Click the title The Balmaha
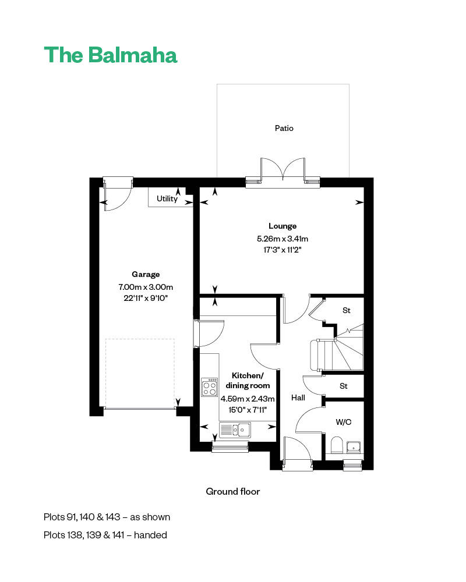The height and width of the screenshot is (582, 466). click(x=110, y=55)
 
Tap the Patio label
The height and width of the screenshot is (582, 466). click(x=284, y=128)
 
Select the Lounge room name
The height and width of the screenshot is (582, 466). click(x=283, y=226)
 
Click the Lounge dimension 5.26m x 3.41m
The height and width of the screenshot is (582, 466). click(x=283, y=239)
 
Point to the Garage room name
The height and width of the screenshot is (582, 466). click(x=146, y=274)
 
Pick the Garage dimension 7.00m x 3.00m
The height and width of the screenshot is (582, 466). click(x=146, y=287)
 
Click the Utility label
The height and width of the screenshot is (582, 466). click(x=167, y=199)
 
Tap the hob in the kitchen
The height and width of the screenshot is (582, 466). click(x=210, y=387)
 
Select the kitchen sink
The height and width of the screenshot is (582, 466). click(x=235, y=430)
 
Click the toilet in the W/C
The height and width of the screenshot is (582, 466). click(x=337, y=445)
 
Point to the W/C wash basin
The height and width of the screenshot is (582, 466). click(x=354, y=447)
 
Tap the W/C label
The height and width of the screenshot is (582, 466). click(x=343, y=422)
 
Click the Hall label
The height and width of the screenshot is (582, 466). click(x=298, y=398)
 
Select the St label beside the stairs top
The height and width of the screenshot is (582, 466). click(x=347, y=310)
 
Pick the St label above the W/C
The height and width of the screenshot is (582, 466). click(x=343, y=386)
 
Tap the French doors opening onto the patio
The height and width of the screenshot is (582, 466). click(x=283, y=172)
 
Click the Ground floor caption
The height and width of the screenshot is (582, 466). click(x=233, y=491)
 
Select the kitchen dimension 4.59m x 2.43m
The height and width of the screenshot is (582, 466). click(x=248, y=399)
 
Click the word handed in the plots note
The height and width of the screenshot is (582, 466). click(x=150, y=535)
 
